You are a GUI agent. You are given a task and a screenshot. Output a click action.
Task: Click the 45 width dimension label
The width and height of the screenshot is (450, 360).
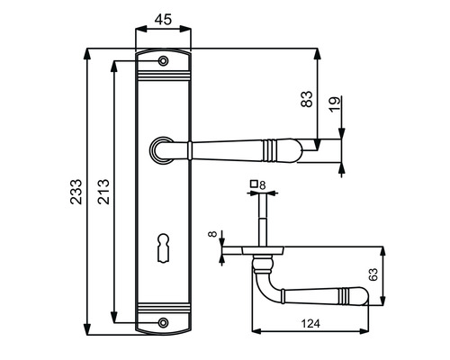click(x=163, y=20)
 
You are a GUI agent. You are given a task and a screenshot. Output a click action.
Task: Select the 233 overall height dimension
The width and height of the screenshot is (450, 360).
click(x=76, y=192)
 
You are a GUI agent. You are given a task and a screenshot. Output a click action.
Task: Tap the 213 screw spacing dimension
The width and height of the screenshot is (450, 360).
click(x=103, y=192)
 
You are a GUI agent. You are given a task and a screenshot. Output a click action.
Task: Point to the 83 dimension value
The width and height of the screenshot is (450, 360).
click(x=307, y=99)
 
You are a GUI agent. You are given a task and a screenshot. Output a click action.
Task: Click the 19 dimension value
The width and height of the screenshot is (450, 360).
click(x=335, y=104)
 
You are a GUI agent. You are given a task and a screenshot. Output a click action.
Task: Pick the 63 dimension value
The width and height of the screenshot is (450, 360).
click(x=373, y=274)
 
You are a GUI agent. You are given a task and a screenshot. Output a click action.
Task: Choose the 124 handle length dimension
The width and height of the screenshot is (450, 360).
click(x=310, y=324)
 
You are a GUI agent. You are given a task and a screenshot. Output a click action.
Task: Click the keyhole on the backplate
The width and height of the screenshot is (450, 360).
click(x=163, y=248)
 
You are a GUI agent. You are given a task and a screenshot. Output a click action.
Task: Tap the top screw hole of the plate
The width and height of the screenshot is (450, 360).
click(x=163, y=61)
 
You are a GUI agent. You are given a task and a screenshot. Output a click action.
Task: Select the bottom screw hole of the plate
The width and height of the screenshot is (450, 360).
click(x=163, y=323)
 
